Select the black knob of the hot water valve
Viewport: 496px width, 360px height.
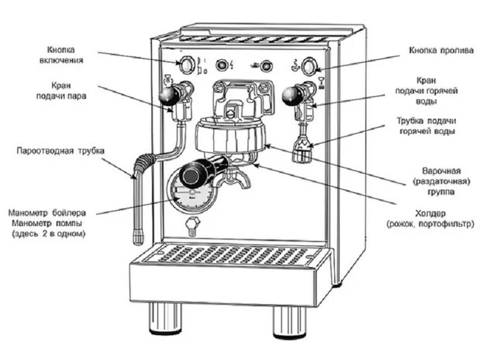click(289, 95)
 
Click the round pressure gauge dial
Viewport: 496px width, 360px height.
click(190, 193)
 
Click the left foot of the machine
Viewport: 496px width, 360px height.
click(164, 317)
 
